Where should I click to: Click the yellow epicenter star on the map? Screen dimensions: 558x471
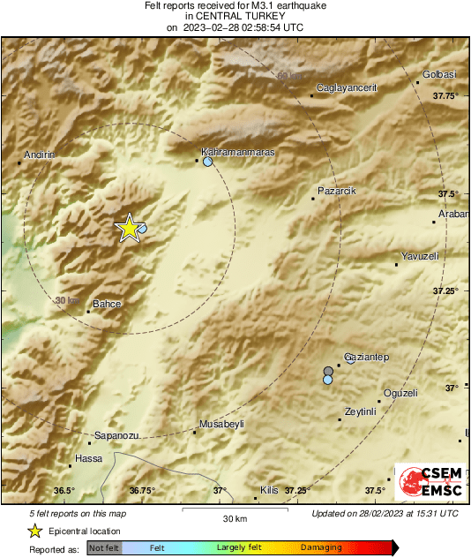pyautogui.click(x=129, y=228)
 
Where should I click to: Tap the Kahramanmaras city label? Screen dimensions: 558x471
pyautogui.click(x=238, y=152)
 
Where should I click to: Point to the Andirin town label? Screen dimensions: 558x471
pyautogui.click(x=39, y=155)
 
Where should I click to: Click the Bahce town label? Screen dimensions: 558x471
pyautogui.click(x=107, y=304)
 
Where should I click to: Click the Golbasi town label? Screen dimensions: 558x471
pyautogui.click(x=439, y=75)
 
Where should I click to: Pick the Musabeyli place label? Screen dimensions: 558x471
pyautogui.click(x=221, y=424)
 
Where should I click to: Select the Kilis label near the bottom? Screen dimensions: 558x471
pyautogui.click(x=268, y=489)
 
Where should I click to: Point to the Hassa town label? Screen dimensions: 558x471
pyautogui.click(x=89, y=458)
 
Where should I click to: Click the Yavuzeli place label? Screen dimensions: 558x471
pyautogui.click(x=420, y=255)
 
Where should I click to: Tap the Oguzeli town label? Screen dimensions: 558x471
pyautogui.click(x=400, y=393)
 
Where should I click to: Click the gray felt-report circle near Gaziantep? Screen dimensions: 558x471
pyautogui.click(x=328, y=371)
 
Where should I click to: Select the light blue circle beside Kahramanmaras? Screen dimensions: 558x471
pyautogui.click(x=207, y=162)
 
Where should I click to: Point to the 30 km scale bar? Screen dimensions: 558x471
pyautogui.click(x=233, y=510)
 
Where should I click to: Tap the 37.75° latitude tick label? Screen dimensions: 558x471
pyautogui.click(x=446, y=95)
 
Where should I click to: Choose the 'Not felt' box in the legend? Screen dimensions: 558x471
pyautogui.click(x=103, y=548)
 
